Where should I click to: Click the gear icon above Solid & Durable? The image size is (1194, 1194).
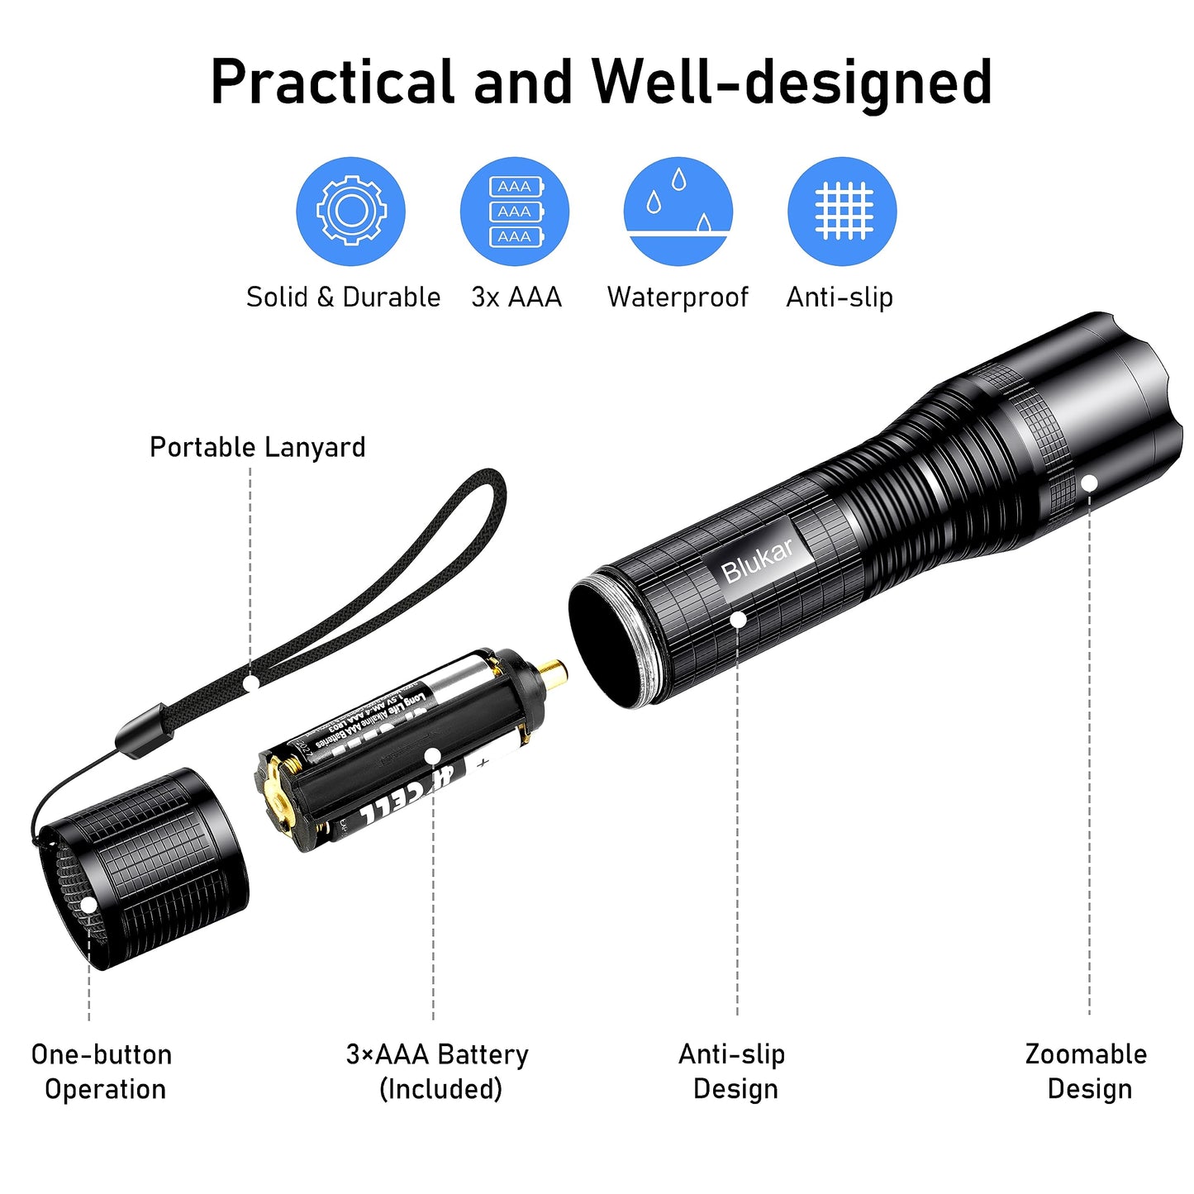coord(350,211)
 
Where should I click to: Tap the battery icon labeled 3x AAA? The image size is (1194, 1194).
coord(514,211)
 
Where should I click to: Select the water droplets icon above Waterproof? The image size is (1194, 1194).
coord(678,211)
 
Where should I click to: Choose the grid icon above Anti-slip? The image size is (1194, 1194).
coord(842,211)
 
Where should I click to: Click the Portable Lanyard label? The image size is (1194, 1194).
coord(257,447)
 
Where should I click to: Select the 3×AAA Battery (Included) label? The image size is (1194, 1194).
coord(438,1072)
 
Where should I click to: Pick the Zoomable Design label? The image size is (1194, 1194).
coord(1087,1072)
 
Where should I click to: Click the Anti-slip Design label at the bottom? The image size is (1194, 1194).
coord(733,1072)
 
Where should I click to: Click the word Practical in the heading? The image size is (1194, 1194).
coord(332,82)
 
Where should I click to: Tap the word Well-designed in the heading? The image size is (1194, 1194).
coord(792,82)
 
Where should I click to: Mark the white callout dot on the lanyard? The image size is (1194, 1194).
coord(252,683)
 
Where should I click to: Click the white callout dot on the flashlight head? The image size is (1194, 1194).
coord(1089,483)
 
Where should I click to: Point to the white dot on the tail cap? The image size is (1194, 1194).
coord(88,905)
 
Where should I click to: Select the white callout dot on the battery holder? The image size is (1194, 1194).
coord(432,754)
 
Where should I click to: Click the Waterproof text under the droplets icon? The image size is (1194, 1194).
coord(678,297)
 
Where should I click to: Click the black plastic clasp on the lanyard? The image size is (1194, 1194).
coord(144,730)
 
